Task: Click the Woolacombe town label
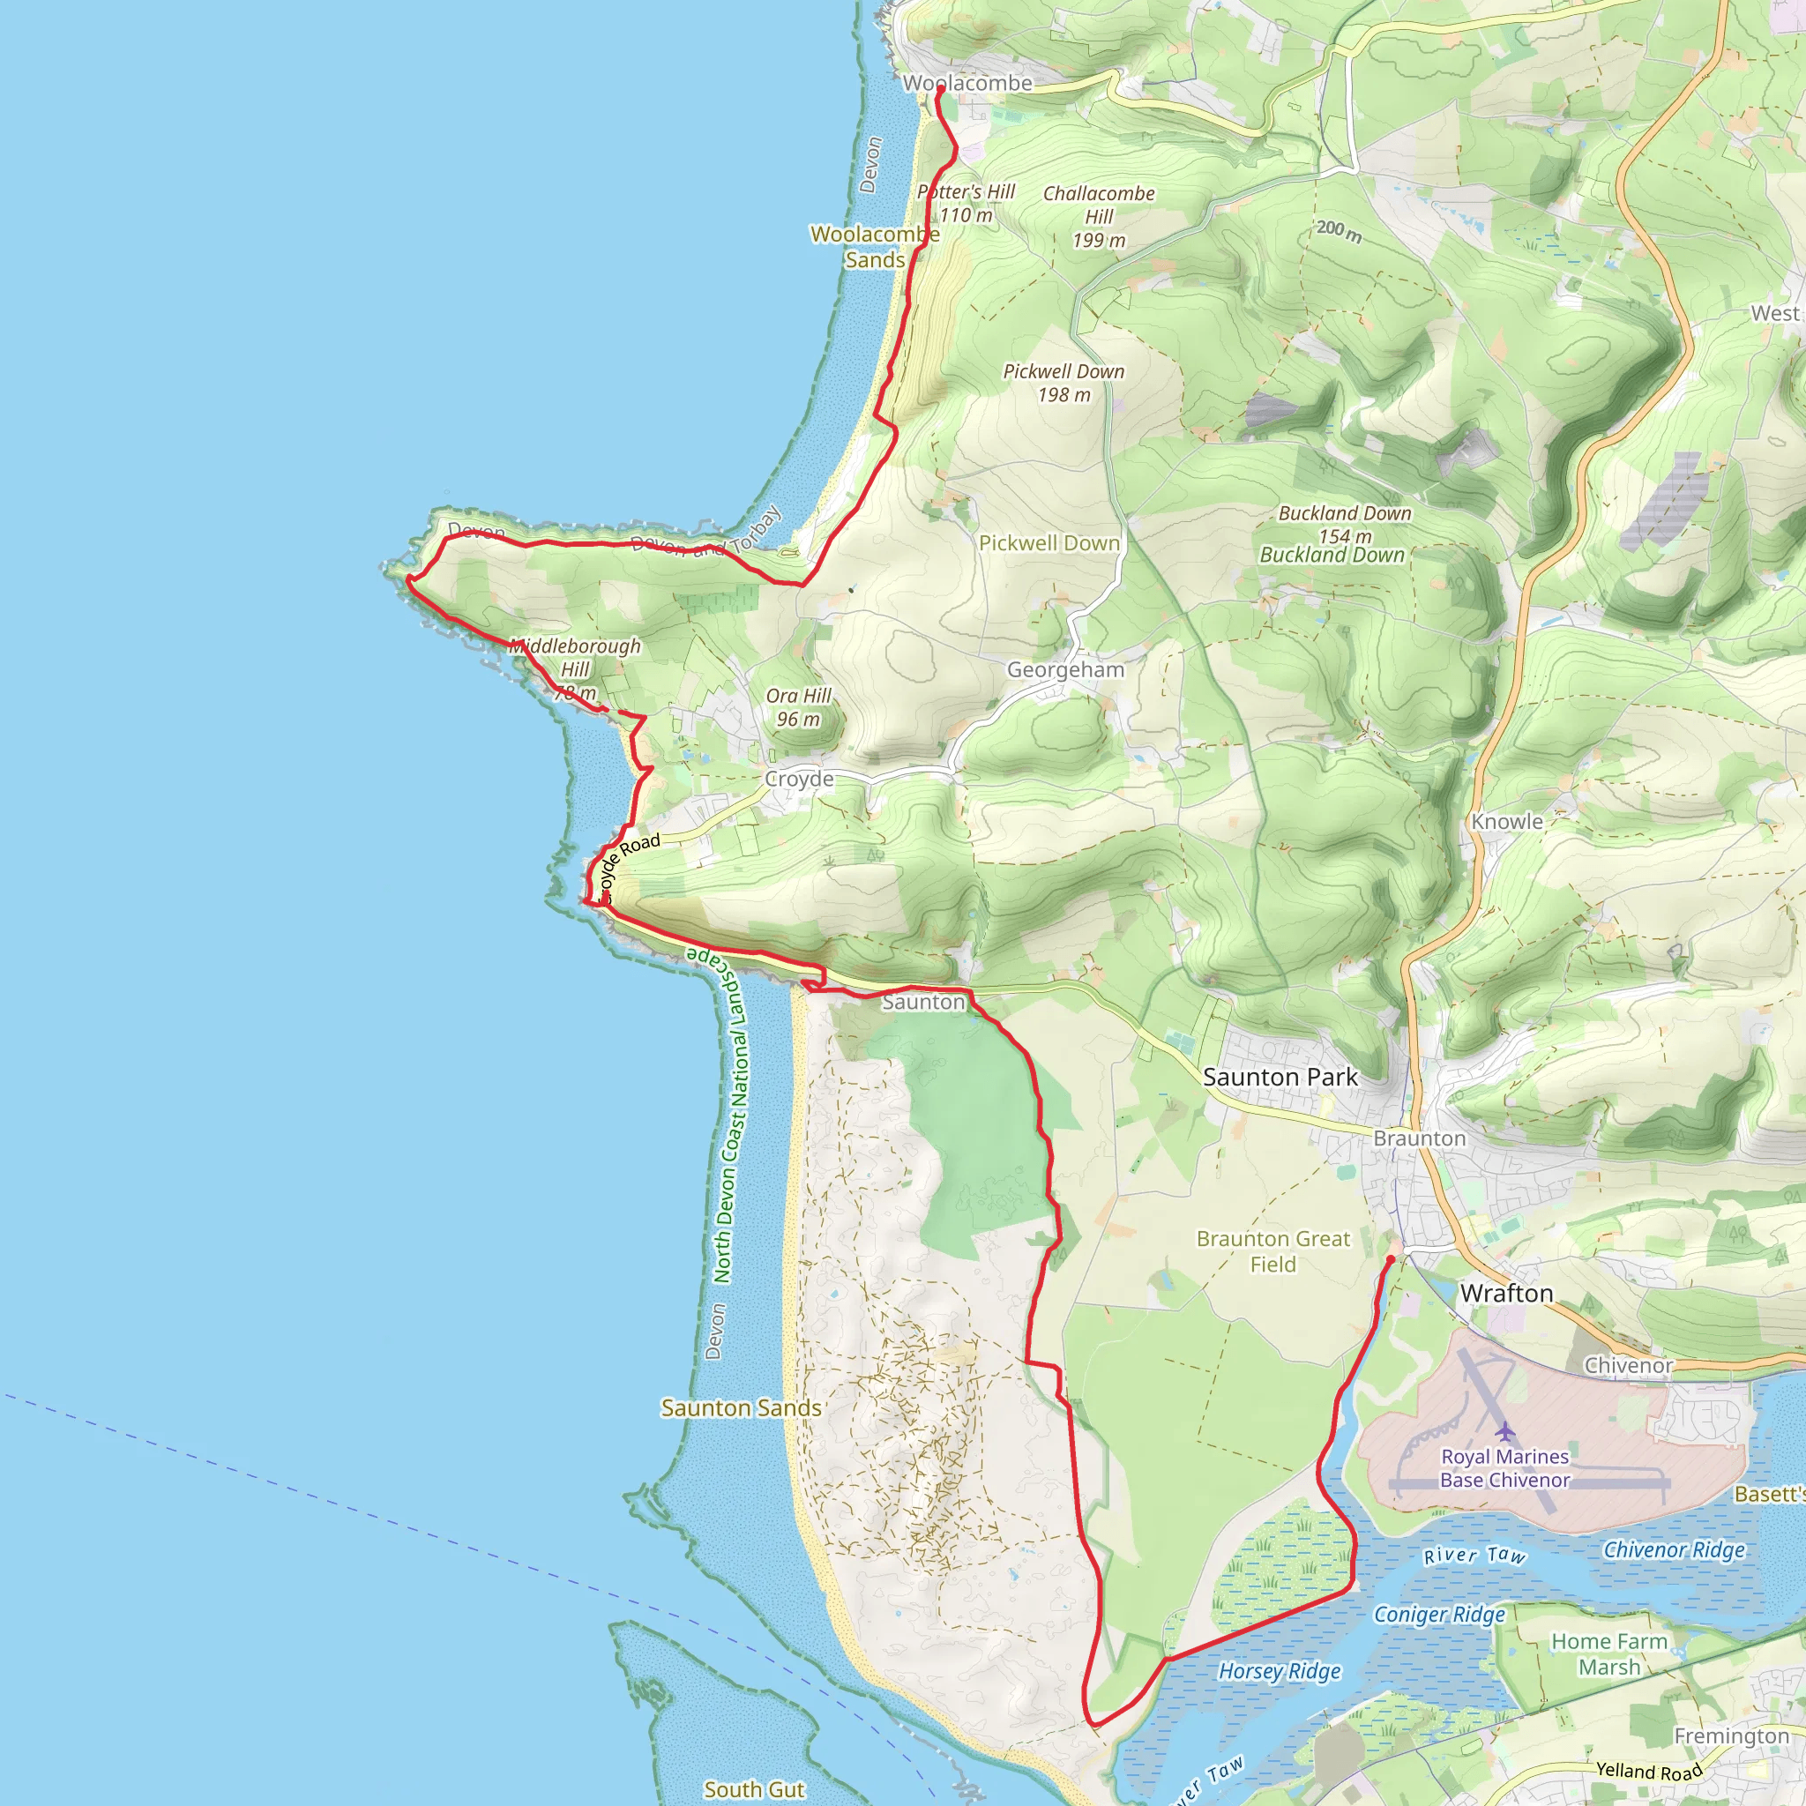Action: pos(967,83)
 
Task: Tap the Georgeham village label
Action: pos(1064,669)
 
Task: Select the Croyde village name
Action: pos(799,779)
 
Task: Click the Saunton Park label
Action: pos(1280,1077)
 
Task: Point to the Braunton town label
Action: pos(1419,1138)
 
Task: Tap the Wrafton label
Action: pos(1506,1294)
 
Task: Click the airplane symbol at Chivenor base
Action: pos(1505,1431)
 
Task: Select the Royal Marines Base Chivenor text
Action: pos(1505,1468)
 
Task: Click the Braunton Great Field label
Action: pos(1273,1250)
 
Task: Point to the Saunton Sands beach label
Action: pos(741,1407)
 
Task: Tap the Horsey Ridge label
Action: pos(1280,1671)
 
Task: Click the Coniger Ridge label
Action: pos(1439,1615)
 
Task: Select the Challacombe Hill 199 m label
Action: pos(1100,217)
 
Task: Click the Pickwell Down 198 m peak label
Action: pos(1063,384)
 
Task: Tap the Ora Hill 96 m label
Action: pos(798,707)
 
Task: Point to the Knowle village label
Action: pos(1507,822)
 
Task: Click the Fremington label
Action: pos(1731,1735)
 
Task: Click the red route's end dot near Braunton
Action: pos(1390,1260)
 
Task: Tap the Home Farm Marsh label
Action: pos(1608,1653)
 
